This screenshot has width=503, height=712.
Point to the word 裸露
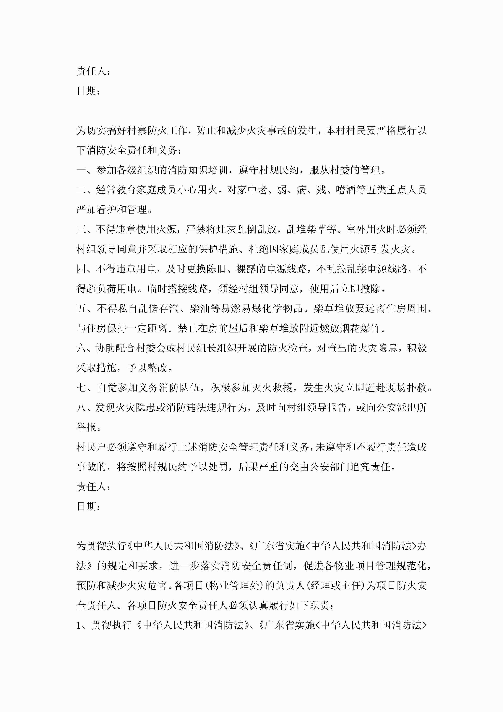[x=246, y=269]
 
